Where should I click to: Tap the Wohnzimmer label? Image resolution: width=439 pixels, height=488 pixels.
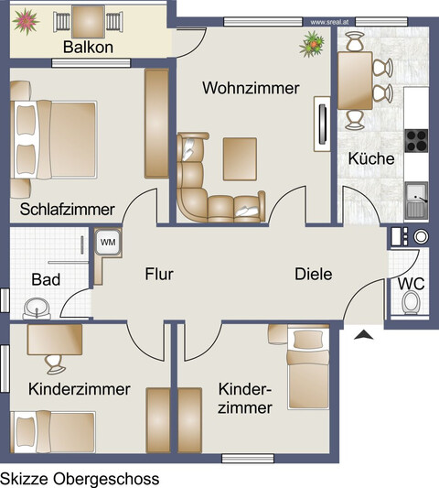(251, 89)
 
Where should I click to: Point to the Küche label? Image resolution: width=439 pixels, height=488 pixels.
(370, 158)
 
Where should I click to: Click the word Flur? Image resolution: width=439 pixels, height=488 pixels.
(157, 274)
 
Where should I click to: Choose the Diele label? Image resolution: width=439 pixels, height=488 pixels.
(313, 274)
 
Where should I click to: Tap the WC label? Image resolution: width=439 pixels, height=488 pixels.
(411, 283)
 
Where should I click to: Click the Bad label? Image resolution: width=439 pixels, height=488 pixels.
(46, 279)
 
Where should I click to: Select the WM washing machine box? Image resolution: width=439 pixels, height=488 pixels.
(107, 242)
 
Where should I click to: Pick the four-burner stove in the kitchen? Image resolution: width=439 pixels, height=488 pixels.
(417, 141)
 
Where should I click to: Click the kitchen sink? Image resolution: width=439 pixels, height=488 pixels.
(417, 197)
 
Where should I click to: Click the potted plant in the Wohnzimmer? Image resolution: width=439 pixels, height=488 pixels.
(314, 41)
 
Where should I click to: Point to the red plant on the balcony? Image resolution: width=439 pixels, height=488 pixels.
(26, 19)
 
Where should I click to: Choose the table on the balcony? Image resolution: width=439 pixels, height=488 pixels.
(88, 18)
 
